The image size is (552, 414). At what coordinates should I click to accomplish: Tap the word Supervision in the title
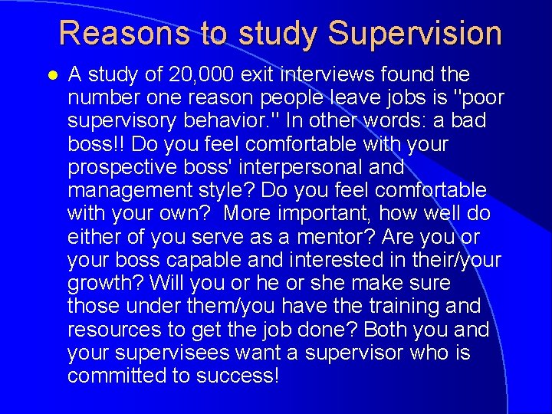coord(415,34)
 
